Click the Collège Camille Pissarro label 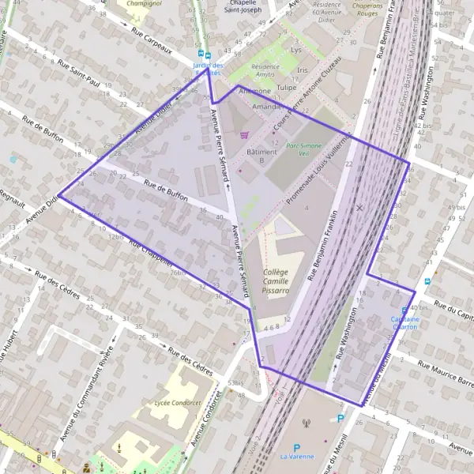coord(276,280)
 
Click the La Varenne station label coord(296,456)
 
